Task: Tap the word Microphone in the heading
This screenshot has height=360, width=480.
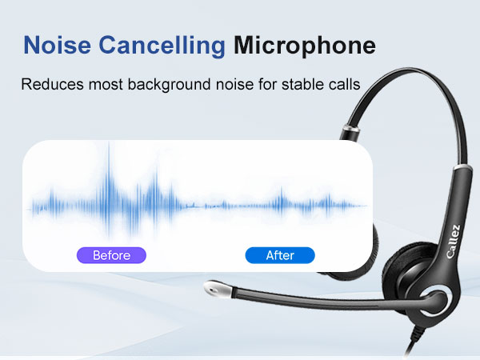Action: pyautogui.click(x=304, y=46)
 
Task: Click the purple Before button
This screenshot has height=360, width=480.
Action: pyautogui.click(x=112, y=255)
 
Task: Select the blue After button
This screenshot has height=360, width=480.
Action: pyautogui.click(x=280, y=255)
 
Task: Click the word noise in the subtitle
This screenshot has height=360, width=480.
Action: pyautogui.click(x=241, y=84)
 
